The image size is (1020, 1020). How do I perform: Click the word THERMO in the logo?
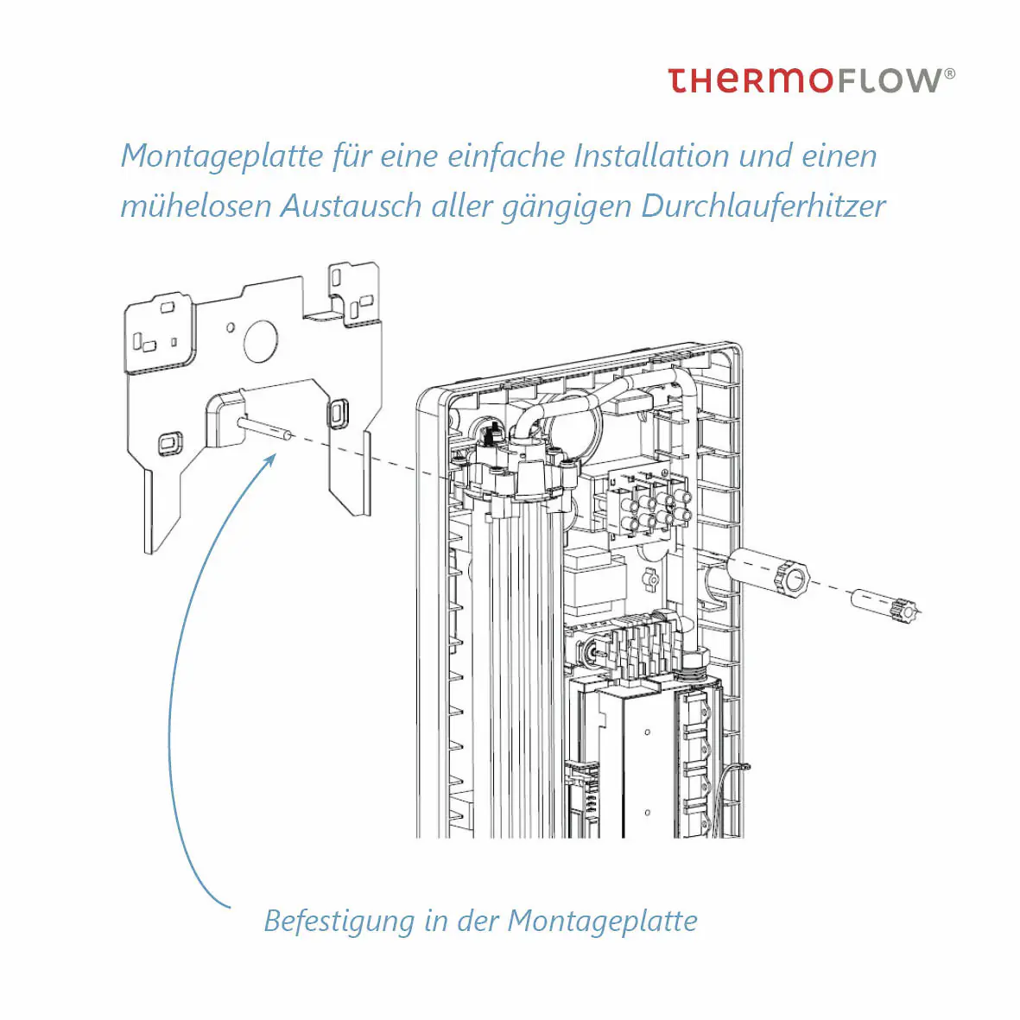coord(750,80)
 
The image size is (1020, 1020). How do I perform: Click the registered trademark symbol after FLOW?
coord(950,74)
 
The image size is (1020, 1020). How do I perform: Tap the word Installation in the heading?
coord(651,156)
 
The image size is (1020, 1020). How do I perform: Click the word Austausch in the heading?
coord(351,206)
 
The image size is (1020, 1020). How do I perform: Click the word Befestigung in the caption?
coord(339,921)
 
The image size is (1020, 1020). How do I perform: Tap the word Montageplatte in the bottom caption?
coord(602,921)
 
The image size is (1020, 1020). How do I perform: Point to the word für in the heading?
coord(352,156)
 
